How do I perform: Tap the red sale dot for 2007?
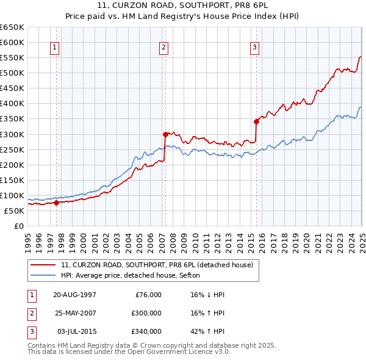pyautogui.click(x=165, y=134)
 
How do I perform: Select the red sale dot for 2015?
pyautogui.click(x=256, y=121)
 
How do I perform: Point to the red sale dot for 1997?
pyautogui.click(x=56, y=203)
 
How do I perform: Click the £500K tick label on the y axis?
pyautogui.click(x=12, y=73)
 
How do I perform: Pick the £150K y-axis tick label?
pyautogui.click(x=12, y=180)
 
